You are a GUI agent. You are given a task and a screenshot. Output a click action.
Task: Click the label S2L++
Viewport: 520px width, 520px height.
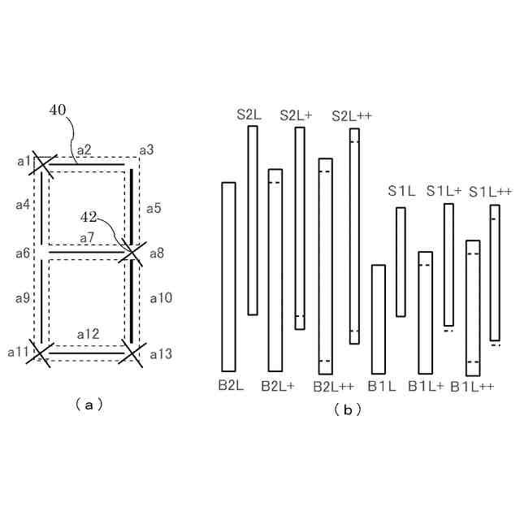[x=352, y=116]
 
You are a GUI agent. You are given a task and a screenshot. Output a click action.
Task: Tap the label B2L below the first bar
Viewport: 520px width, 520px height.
[x=231, y=384]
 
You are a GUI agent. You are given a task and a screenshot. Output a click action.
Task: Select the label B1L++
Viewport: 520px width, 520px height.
[x=473, y=386]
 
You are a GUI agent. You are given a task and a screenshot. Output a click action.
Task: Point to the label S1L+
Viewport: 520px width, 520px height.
[x=444, y=191]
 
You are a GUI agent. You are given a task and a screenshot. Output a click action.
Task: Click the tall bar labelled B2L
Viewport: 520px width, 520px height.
[x=228, y=276]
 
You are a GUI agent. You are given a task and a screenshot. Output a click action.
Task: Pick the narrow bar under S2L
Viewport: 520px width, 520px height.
[x=253, y=219]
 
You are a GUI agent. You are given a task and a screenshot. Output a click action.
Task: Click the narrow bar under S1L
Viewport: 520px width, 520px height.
[x=401, y=262]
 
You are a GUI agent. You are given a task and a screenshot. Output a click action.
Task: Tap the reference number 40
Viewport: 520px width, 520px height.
[x=58, y=110]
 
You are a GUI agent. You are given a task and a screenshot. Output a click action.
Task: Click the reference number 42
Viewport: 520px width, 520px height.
[x=89, y=217]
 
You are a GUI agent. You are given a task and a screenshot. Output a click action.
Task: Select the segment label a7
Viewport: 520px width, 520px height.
[x=87, y=237]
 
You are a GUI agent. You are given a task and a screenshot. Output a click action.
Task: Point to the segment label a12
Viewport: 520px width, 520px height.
[x=88, y=334]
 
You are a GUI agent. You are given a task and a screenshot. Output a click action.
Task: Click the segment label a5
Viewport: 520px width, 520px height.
[x=154, y=208]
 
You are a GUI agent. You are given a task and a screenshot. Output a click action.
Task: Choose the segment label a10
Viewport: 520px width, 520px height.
[x=161, y=298]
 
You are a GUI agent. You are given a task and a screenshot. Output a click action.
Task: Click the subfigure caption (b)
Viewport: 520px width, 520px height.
[x=347, y=410]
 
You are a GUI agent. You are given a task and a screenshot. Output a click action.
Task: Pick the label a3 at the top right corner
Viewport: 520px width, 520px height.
[x=146, y=149]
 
